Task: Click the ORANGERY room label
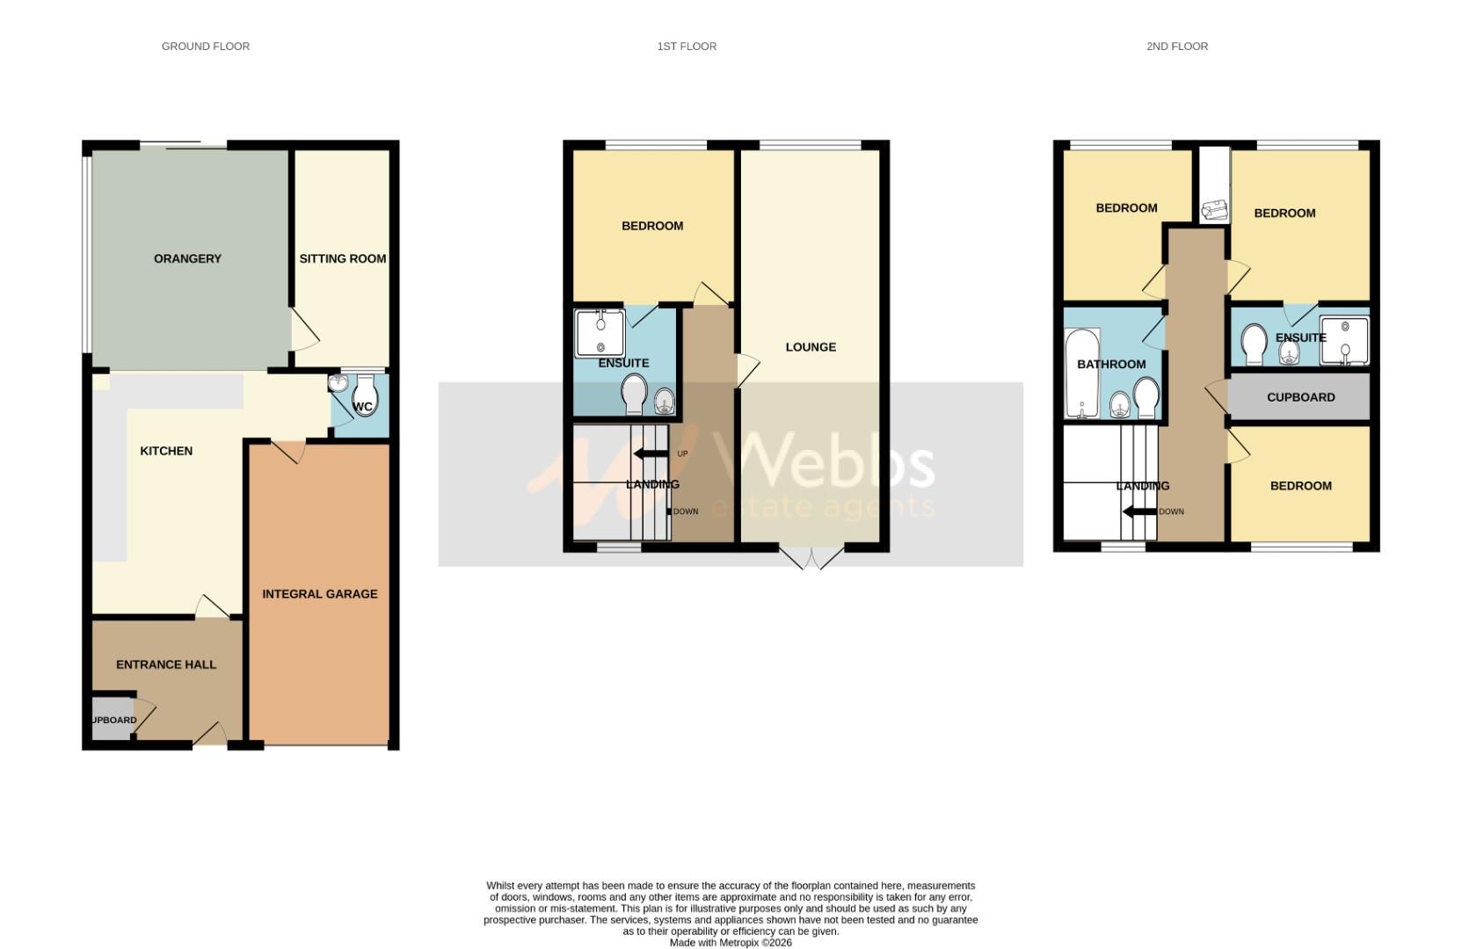point(187,258)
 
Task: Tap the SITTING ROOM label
point(343,258)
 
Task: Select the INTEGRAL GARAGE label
point(320,594)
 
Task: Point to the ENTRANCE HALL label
point(166,664)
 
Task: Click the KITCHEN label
point(166,451)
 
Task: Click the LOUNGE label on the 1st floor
point(811,347)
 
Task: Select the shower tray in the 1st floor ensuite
point(600,333)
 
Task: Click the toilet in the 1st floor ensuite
point(634,394)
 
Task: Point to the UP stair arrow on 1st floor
point(651,453)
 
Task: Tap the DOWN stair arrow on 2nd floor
point(1140,511)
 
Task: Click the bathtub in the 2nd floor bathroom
point(1081,373)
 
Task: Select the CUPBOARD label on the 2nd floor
point(1300,397)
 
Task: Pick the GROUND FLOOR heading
point(206,47)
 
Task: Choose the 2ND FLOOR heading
point(1176,47)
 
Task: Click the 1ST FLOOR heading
point(687,47)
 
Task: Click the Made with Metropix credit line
point(731,943)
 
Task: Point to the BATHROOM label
point(1111,364)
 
